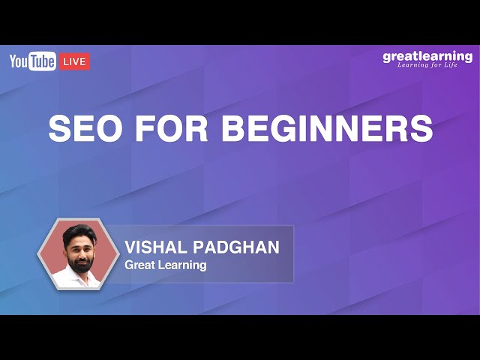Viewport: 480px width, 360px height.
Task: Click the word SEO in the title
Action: (82, 128)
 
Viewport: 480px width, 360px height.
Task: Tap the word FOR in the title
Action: (168, 128)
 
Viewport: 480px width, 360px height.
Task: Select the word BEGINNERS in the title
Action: (327, 128)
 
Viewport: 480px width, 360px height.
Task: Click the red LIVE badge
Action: (74, 61)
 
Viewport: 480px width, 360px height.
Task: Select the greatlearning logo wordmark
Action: (427, 56)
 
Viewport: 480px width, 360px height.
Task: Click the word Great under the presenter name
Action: (140, 265)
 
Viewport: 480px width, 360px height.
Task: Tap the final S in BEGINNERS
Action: (422, 128)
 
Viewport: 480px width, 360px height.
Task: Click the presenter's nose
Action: (79, 253)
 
